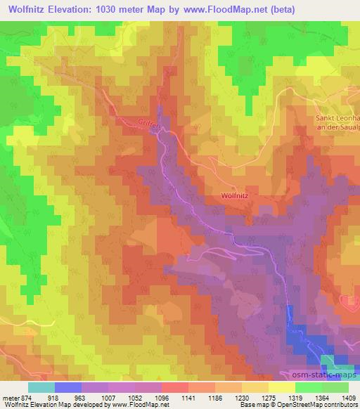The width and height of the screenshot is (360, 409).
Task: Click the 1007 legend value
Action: pos(108,397)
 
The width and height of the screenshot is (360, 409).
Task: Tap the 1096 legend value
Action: pos(161,397)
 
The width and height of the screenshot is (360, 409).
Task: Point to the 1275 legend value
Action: pos(268,397)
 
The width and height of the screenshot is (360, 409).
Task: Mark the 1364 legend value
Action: pos(321,397)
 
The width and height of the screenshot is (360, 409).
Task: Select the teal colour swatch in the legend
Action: pos(41,387)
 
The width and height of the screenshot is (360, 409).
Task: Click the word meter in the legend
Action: pos(11,397)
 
